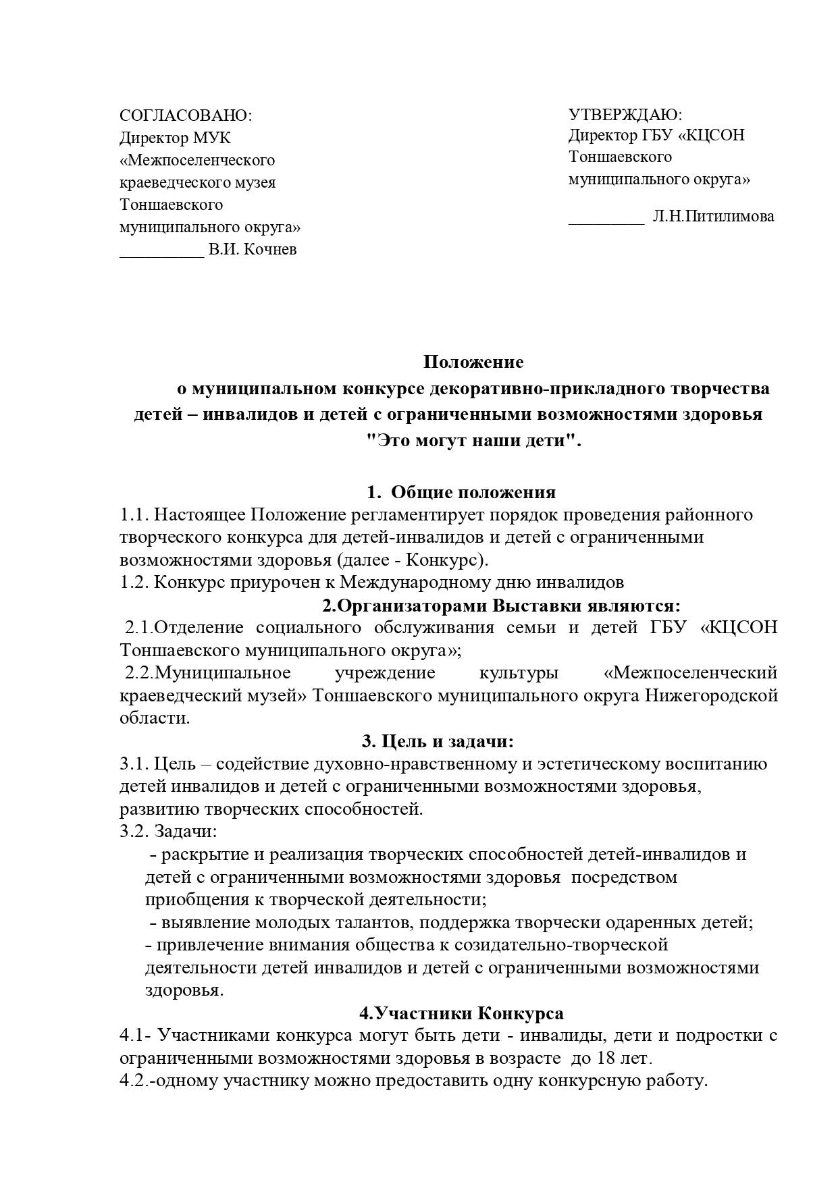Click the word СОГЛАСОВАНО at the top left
[183, 115]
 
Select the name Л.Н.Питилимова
[713, 217]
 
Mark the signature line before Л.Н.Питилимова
[606, 221]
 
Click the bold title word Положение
[473, 362]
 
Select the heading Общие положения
[473, 492]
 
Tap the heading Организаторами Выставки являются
[500, 605]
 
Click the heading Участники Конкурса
[461, 1013]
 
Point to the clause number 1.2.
[134, 583]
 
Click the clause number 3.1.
[134, 764]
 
